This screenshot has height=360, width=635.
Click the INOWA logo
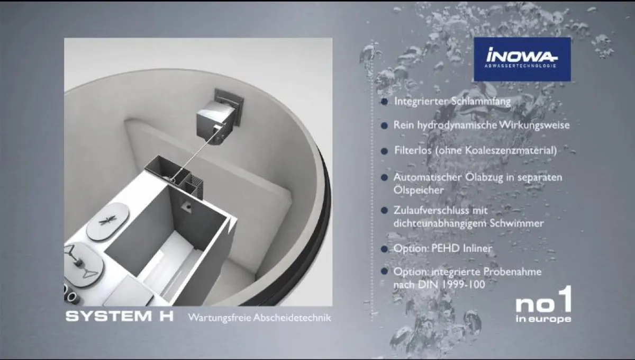click(x=522, y=59)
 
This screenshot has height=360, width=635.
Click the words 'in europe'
click(x=543, y=319)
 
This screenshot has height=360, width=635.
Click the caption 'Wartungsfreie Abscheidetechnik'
click(x=259, y=318)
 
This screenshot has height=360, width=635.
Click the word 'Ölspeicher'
click(x=418, y=190)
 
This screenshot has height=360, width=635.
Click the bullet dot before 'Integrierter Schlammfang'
click(x=384, y=102)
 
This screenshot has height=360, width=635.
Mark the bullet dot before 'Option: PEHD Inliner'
click(x=384, y=248)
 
